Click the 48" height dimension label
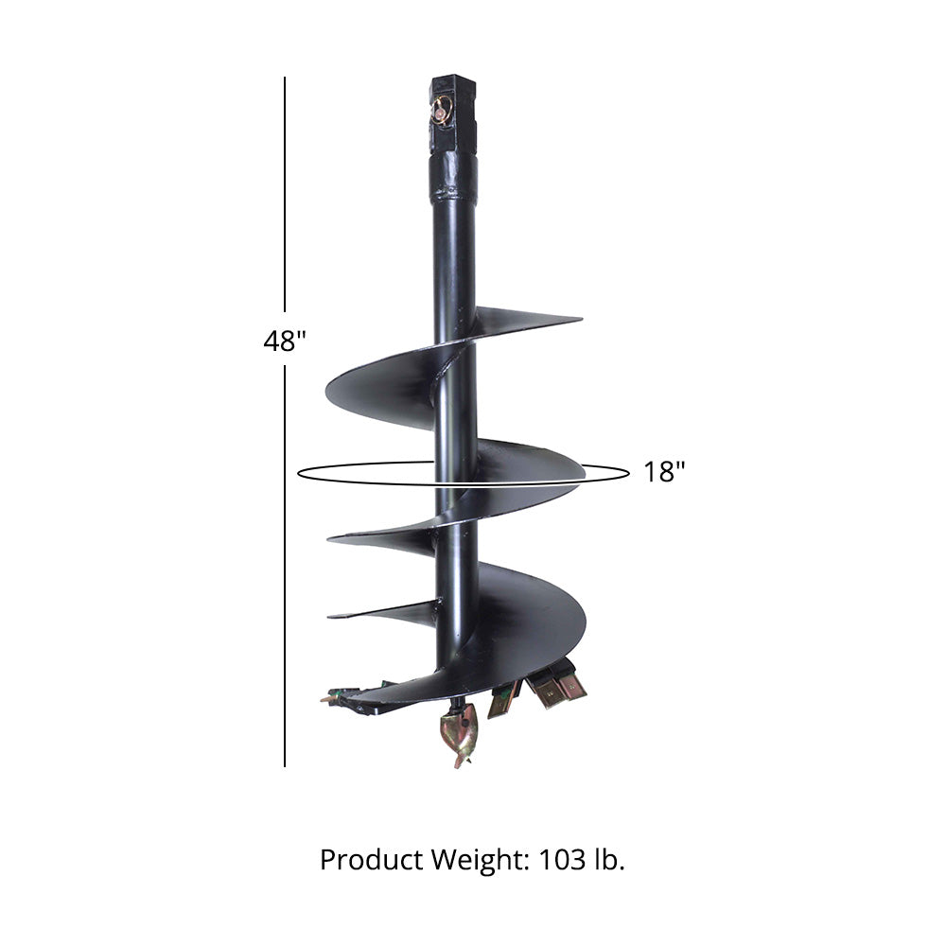(285, 341)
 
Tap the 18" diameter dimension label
(664, 472)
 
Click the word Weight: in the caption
(481, 860)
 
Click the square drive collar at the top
(453, 114)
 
